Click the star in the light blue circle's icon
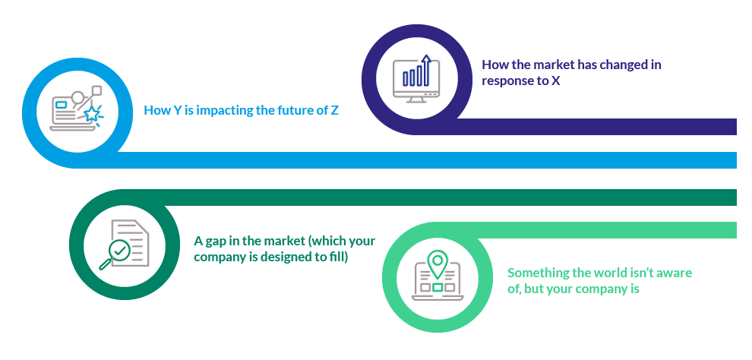(x=93, y=114)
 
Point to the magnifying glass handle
(x=104, y=264)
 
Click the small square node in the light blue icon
(x=97, y=90)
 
